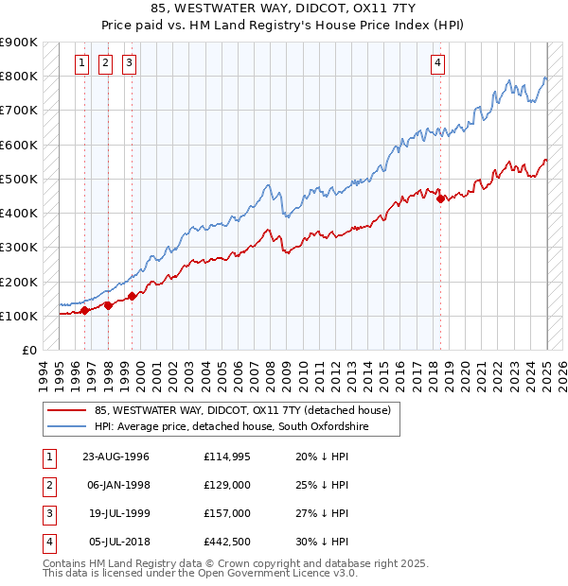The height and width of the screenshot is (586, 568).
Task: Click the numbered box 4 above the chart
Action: click(438, 64)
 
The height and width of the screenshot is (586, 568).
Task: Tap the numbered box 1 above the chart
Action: click(82, 64)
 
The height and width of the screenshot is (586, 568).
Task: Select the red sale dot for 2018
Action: click(440, 198)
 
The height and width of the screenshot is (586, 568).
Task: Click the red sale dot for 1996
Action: click(84, 310)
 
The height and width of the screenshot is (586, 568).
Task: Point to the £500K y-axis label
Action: click(19, 179)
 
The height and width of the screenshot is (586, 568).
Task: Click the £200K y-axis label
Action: click(19, 282)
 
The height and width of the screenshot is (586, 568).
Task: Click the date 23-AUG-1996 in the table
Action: click(115, 457)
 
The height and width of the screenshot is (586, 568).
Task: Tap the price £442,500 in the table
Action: click(226, 542)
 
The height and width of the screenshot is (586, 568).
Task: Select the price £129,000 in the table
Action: click(226, 485)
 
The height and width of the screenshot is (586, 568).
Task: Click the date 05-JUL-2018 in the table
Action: click(115, 542)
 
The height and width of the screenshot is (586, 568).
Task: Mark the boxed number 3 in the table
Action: click(47, 513)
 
